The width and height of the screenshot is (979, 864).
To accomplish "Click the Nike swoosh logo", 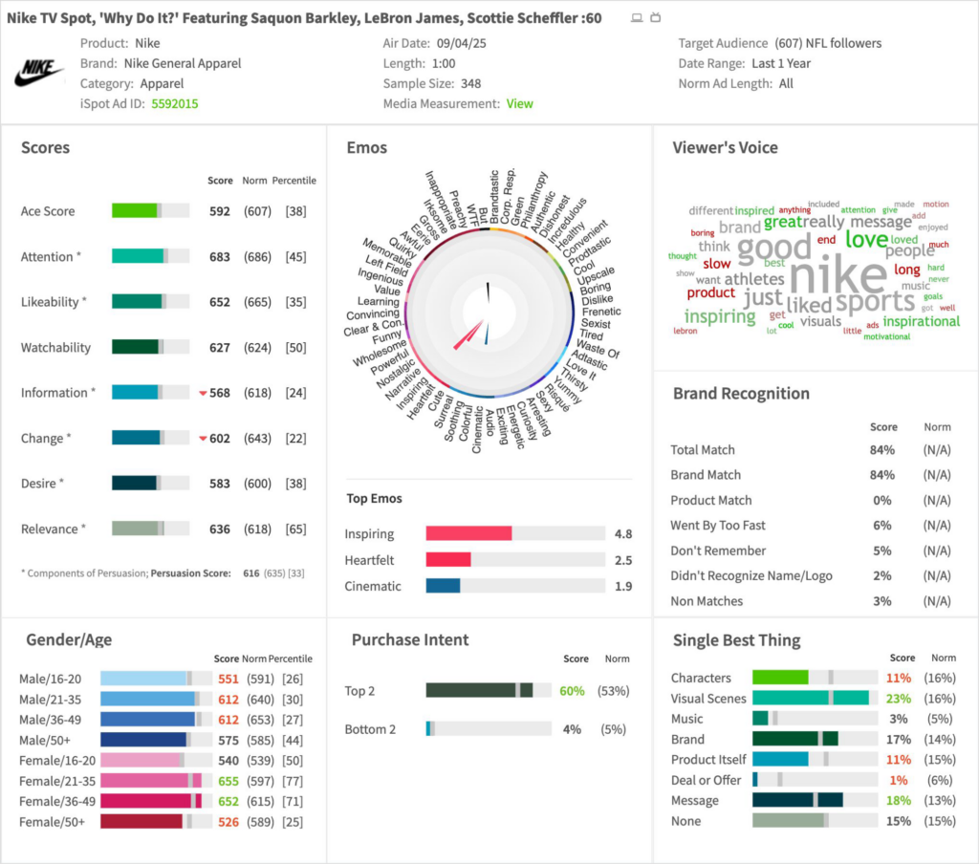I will tap(39, 73).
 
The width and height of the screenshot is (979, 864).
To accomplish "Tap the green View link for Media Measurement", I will tap(519, 103).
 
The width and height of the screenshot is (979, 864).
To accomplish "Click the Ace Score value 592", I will tap(220, 211).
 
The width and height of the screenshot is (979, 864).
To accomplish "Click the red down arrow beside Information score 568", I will tap(203, 393).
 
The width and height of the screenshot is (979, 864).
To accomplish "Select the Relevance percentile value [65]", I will tap(295, 529).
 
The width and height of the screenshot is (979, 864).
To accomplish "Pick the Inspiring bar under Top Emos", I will tap(468, 533).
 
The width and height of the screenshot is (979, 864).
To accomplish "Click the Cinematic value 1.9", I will tap(622, 586).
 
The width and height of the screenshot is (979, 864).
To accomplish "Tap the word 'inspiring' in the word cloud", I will tap(720, 316).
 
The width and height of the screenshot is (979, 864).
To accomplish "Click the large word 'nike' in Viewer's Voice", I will tap(839, 276).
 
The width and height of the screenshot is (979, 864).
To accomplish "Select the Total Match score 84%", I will tap(882, 449).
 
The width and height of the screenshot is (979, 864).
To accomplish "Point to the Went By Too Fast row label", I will tap(718, 525).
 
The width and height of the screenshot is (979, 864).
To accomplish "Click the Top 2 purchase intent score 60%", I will tap(572, 691).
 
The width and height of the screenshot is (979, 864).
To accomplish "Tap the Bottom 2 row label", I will tap(370, 729).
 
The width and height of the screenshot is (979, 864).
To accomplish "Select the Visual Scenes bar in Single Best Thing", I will tap(811, 699).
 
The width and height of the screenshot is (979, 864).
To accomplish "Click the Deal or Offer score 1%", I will tap(899, 780).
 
